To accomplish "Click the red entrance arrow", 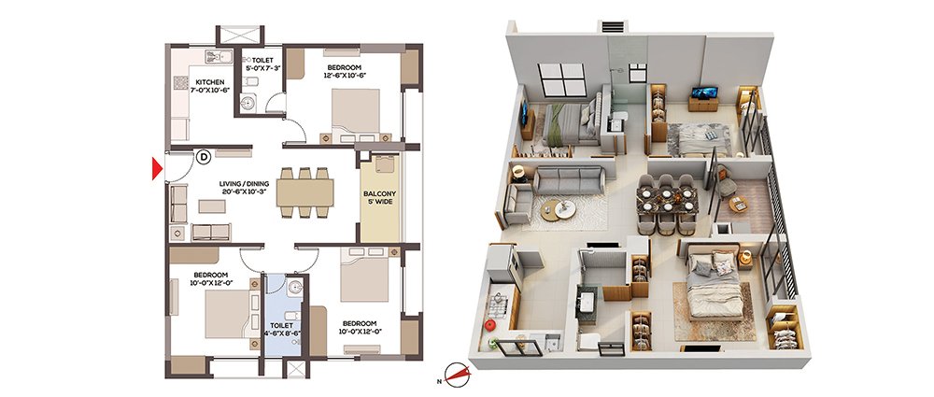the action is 157,168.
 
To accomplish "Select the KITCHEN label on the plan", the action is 211,82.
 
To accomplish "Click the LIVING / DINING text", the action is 244,184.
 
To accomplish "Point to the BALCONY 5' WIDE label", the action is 380,198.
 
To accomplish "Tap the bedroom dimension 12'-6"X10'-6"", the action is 345,75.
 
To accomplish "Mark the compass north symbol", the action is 457,375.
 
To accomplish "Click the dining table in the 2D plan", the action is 304,193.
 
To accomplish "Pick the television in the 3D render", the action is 704,92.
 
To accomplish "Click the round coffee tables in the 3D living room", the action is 559,208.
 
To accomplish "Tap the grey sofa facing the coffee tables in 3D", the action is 570,180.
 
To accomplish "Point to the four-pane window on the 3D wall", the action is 561,79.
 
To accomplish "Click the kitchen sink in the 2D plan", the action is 219,57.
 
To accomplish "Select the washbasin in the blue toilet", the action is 295,288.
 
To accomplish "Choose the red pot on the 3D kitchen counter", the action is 490,325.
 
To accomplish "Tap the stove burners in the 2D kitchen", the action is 180,82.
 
